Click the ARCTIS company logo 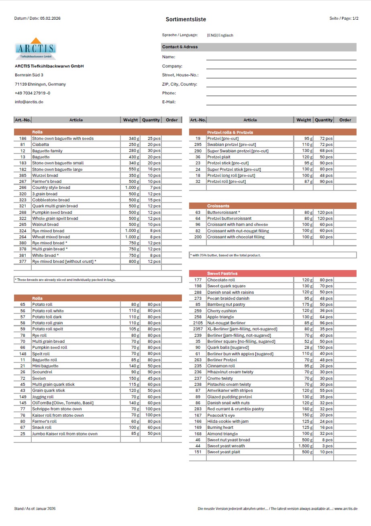point(35,49)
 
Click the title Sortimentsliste point(186,19)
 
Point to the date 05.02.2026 point(50,18)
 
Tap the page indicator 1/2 point(355,18)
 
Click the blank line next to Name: point(281,57)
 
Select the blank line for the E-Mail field point(281,102)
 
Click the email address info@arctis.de point(29,102)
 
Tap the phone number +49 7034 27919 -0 point(33,93)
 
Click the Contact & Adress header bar point(259,47)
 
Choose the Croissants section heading point(218,206)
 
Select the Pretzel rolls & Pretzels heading point(230,132)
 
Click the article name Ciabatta point(41,145)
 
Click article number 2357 point(198,329)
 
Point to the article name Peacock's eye point(221,415)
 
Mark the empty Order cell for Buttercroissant point(345,213)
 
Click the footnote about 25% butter point(226,255)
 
